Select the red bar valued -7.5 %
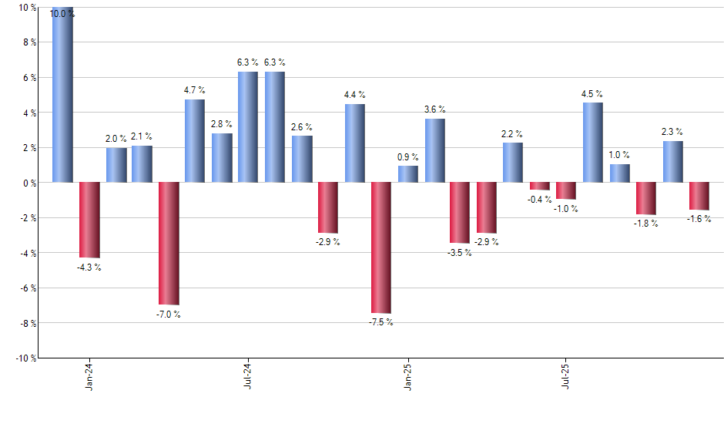381,247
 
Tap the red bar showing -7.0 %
169,243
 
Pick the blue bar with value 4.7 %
195,140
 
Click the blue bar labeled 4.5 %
593,142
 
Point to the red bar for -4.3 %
89,220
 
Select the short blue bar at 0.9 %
408,174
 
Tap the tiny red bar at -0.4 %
540,186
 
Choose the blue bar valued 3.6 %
434,150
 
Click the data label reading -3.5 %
460,253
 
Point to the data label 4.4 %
355,95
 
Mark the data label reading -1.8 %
646,224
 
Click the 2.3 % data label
672,132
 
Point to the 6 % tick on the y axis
28,78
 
